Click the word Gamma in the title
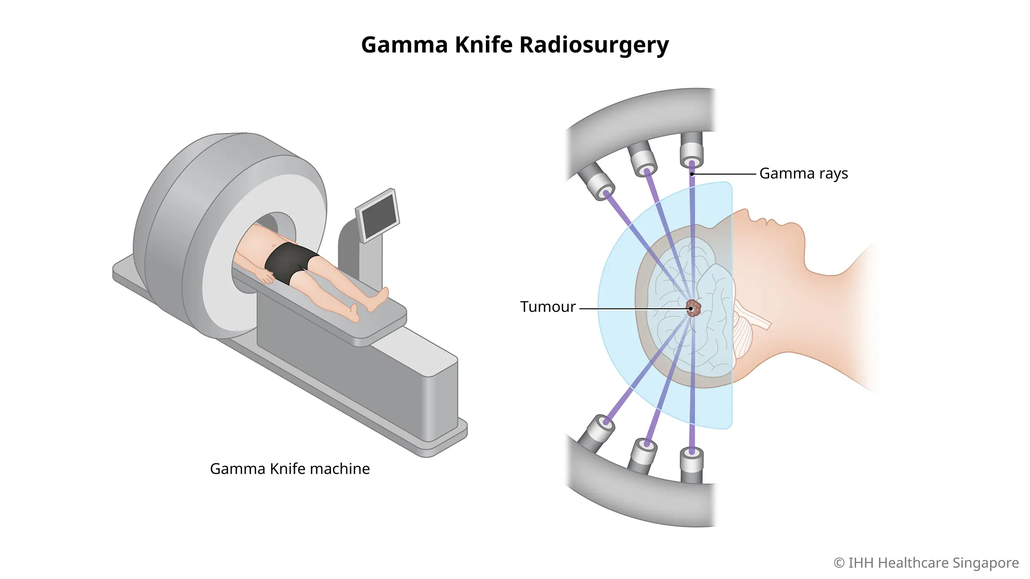tap(404, 45)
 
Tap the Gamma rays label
tap(803, 174)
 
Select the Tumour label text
tap(548, 307)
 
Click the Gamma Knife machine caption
tap(290, 469)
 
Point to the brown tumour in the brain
tap(694, 308)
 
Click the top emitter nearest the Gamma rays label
tap(691, 152)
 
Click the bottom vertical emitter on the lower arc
tap(691, 463)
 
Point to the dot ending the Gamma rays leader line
tap(692, 174)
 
